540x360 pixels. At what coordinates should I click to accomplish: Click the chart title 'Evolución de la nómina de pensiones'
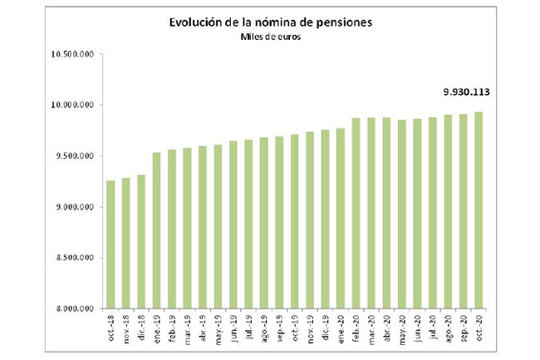point(270,22)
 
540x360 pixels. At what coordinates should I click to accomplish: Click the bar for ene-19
point(157,229)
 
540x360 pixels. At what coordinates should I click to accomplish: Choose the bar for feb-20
point(356,213)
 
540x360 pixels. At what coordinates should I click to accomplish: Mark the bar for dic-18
point(142,241)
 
